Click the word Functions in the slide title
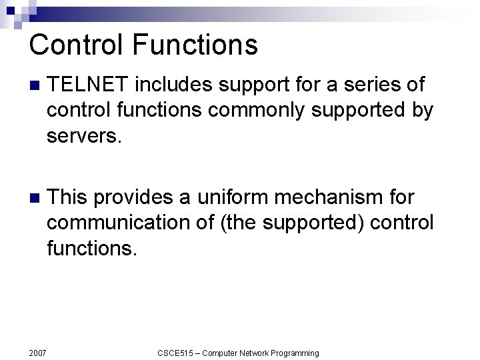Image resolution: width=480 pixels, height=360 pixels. (x=195, y=45)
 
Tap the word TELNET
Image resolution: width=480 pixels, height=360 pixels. (x=88, y=85)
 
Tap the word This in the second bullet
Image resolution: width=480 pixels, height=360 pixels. (x=69, y=197)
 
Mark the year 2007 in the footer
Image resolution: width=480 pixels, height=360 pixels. (x=38, y=353)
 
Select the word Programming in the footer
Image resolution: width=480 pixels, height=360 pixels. (x=293, y=353)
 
